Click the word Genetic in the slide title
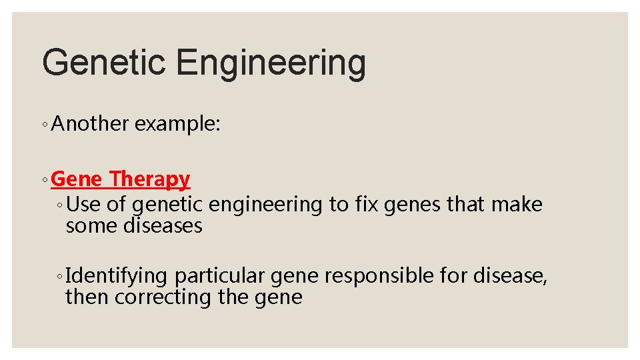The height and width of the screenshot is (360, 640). coord(104,63)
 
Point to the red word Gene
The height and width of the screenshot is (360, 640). coord(77,179)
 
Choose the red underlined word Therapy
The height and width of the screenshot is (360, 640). coord(151,179)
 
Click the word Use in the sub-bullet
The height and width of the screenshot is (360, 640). coord(84,205)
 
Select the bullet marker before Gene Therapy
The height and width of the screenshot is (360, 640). coord(44,179)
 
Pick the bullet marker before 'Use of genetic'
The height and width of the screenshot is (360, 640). coord(60,206)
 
